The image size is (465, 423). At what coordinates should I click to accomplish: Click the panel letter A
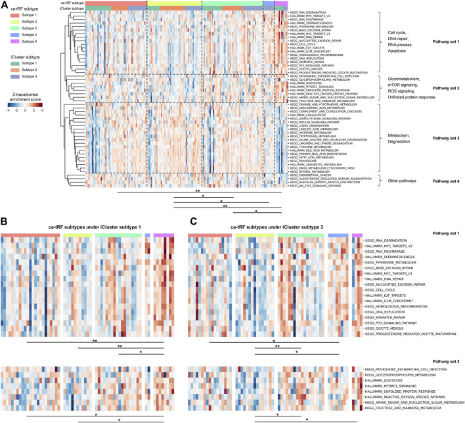tap(5, 5)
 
